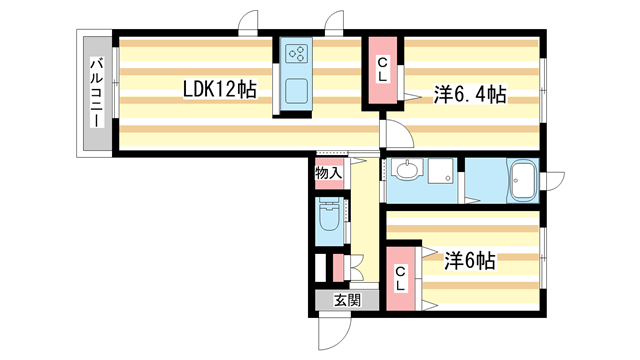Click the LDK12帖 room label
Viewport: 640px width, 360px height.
pyautogui.click(x=220, y=89)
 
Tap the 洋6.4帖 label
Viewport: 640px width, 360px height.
pyautogui.click(x=470, y=95)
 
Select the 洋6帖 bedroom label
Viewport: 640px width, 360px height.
pyautogui.click(x=470, y=261)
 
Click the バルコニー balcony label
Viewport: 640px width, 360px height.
pyautogui.click(x=97, y=93)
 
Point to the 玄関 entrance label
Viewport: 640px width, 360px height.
pyautogui.click(x=347, y=301)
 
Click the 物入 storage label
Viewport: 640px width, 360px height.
pyautogui.click(x=328, y=173)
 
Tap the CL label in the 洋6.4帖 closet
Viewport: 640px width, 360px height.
pyautogui.click(x=382, y=70)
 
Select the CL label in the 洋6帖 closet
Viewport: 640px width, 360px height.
pyautogui.click(x=400, y=278)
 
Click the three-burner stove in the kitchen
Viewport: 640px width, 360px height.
pyautogui.click(x=296, y=53)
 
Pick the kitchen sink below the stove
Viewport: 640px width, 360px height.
pyautogui.click(x=296, y=91)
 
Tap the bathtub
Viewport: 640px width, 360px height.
pyautogui.click(x=523, y=181)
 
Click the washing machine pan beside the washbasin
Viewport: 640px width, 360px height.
pyautogui.click(x=441, y=170)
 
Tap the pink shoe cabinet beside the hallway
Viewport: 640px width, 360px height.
pyautogui.click(x=338, y=268)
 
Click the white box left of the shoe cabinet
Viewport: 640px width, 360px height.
pyautogui.click(x=320, y=268)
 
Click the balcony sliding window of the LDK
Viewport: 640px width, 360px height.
pyautogui.click(x=116, y=83)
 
